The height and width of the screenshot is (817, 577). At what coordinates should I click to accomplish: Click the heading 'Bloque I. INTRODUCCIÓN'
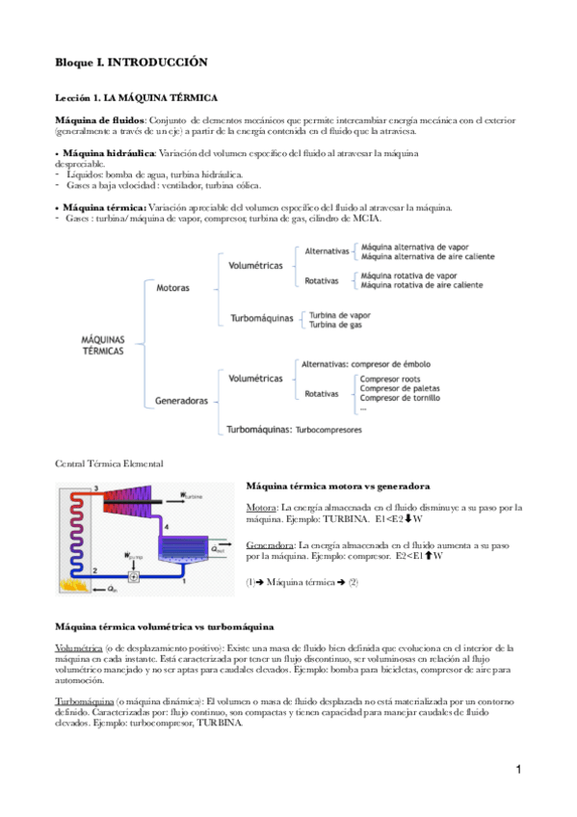click(x=131, y=61)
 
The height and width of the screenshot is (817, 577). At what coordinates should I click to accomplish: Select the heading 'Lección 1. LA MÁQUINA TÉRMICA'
click(x=137, y=98)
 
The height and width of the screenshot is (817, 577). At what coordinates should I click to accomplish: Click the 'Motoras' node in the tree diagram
click(x=172, y=287)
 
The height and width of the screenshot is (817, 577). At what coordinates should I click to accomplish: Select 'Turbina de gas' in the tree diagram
click(x=335, y=325)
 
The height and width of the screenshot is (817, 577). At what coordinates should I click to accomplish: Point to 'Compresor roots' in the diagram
click(x=390, y=380)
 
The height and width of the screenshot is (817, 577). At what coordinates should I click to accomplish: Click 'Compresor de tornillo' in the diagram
click(x=400, y=398)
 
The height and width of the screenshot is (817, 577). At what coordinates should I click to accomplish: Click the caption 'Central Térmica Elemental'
click(x=109, y=463)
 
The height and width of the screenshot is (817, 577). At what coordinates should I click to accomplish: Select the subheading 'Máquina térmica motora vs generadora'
click(x=338, y=486)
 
